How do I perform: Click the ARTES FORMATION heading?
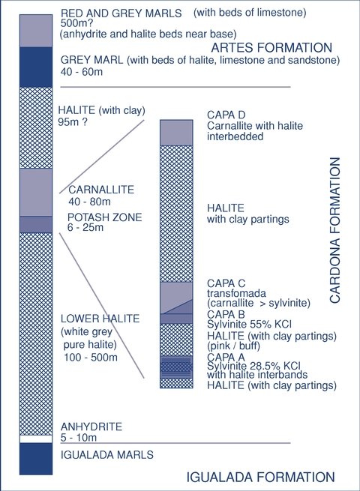pyautogui.click(x=271, y=47)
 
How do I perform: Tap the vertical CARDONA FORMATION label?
pyautogui.click(x=335, y=230)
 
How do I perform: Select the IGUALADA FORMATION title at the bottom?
pyautogui.click(x=261, y=478)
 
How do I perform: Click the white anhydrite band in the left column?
pyautogui.click(x=36, y=439)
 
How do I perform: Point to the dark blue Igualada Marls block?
pyautogui.click(x=36, y=459)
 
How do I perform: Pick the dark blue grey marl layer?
pyautogui.click(x=36, y=67)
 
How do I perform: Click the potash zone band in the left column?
pyautogui.click(x=36, y=224)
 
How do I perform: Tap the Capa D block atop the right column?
pyautogui.click(x=176, y=133)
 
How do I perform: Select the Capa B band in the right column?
pyautogui.click(x=176, y=319)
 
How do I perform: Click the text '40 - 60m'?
pyautogui.click(x=82, y=72)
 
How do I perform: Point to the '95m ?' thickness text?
pyautogui.click(x=73, y=121)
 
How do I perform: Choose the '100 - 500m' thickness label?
pyautogui.click(x=91, y=357)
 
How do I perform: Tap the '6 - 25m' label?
pyautogui.click(x=85, y=227)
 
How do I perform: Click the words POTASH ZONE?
pyautogui.click(x=105, y=217)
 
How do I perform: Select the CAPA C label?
pyautogui.click(x=226, y=283)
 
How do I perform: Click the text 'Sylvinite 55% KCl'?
pyautogui.click(x=250, y=324)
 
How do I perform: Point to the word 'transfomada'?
pyautogui.click(x=236, y=293)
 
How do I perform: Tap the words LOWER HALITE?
pyautogui.click(x=100, y=319)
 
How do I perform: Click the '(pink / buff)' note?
pyautogui.click(x=233, y=346)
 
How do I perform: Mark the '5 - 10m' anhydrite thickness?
pyautogui.click(x=79, y=438)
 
